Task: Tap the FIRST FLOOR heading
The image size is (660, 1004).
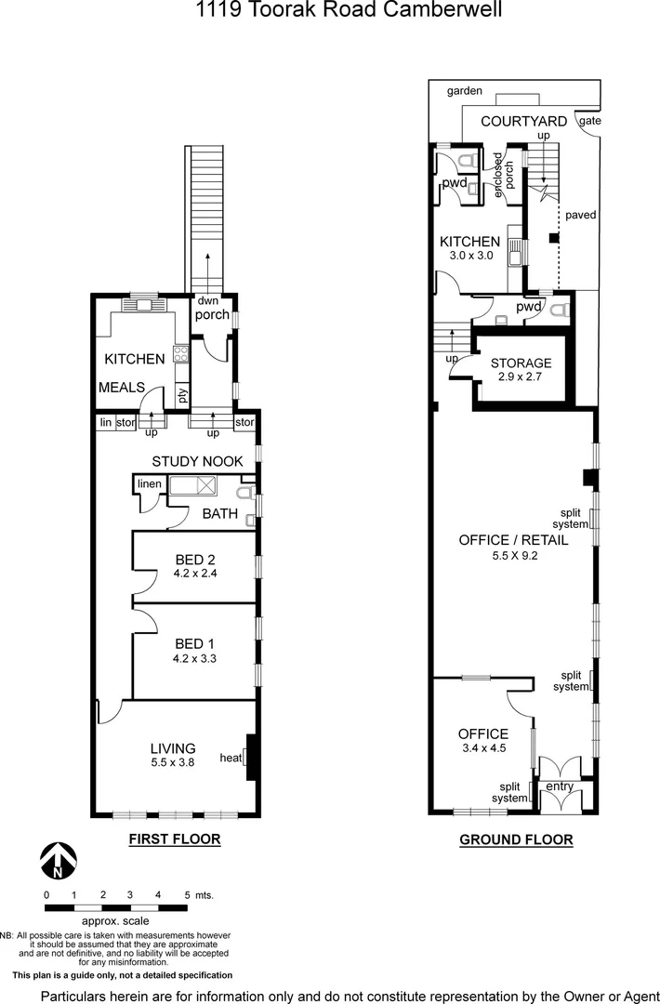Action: tap(174, 839)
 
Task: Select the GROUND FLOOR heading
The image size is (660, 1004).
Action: tap(516, 840)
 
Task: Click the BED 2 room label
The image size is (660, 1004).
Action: tap(195, 560)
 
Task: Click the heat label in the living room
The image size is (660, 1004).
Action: tap(231, 758)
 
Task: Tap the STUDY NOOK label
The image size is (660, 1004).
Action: tap(197, 461)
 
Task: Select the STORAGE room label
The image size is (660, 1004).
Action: tap(521, 363)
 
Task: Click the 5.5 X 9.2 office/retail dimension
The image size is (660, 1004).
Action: tap(516, 556)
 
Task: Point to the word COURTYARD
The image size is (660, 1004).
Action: tap(524, 122)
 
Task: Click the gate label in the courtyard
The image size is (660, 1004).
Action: tap(589, 121)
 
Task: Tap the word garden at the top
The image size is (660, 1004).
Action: tap(464, 91)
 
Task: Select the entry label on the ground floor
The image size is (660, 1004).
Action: tap(560, 787)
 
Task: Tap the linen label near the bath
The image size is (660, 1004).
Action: tap(150, 484)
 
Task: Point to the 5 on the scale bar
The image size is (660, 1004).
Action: tap(187, 894)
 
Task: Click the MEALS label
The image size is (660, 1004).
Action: tap(121, 387)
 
